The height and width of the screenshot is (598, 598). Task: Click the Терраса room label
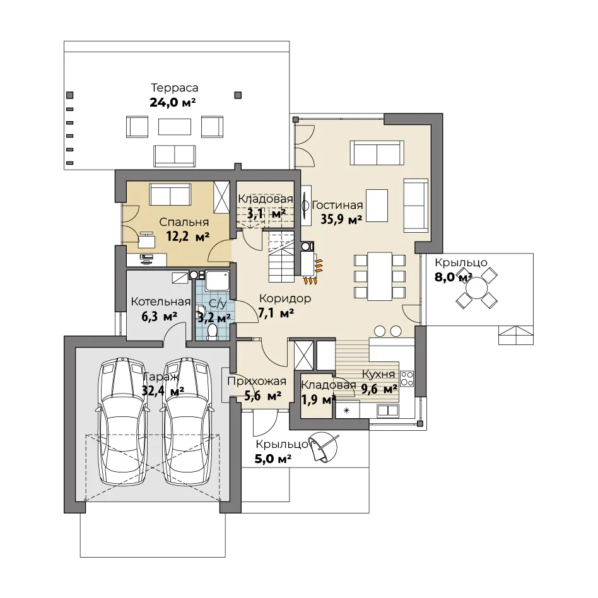tap(175, 88)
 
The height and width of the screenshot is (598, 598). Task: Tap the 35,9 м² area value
tap(341, 220)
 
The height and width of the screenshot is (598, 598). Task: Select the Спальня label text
tap(184, 222)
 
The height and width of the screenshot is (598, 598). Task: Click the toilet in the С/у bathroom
tap(212, 332)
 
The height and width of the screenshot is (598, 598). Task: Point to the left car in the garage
tap(123, 421)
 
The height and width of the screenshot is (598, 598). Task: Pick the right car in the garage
tap(187, 421)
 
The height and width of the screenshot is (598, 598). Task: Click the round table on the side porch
tap(476, 288)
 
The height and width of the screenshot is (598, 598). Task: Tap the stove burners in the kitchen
tap(407, 379)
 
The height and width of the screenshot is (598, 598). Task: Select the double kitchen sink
tap(388, 411)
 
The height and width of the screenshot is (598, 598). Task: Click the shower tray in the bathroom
tap(218, 281)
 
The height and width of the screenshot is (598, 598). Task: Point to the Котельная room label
tap(161, 302)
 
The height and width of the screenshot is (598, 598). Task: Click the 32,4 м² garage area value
tap(163, 390)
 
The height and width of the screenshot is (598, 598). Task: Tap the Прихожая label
tap(257, 382)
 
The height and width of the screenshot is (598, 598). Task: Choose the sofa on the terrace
tap(175, 156)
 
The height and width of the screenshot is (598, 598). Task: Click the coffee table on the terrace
tap(175, 127)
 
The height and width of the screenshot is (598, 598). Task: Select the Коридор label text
tap(285, 298)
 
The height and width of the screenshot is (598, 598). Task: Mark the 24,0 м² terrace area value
tap(173, 102)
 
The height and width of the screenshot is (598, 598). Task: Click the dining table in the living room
tap(380, 276)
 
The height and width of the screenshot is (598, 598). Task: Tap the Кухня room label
tap(378, 375)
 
